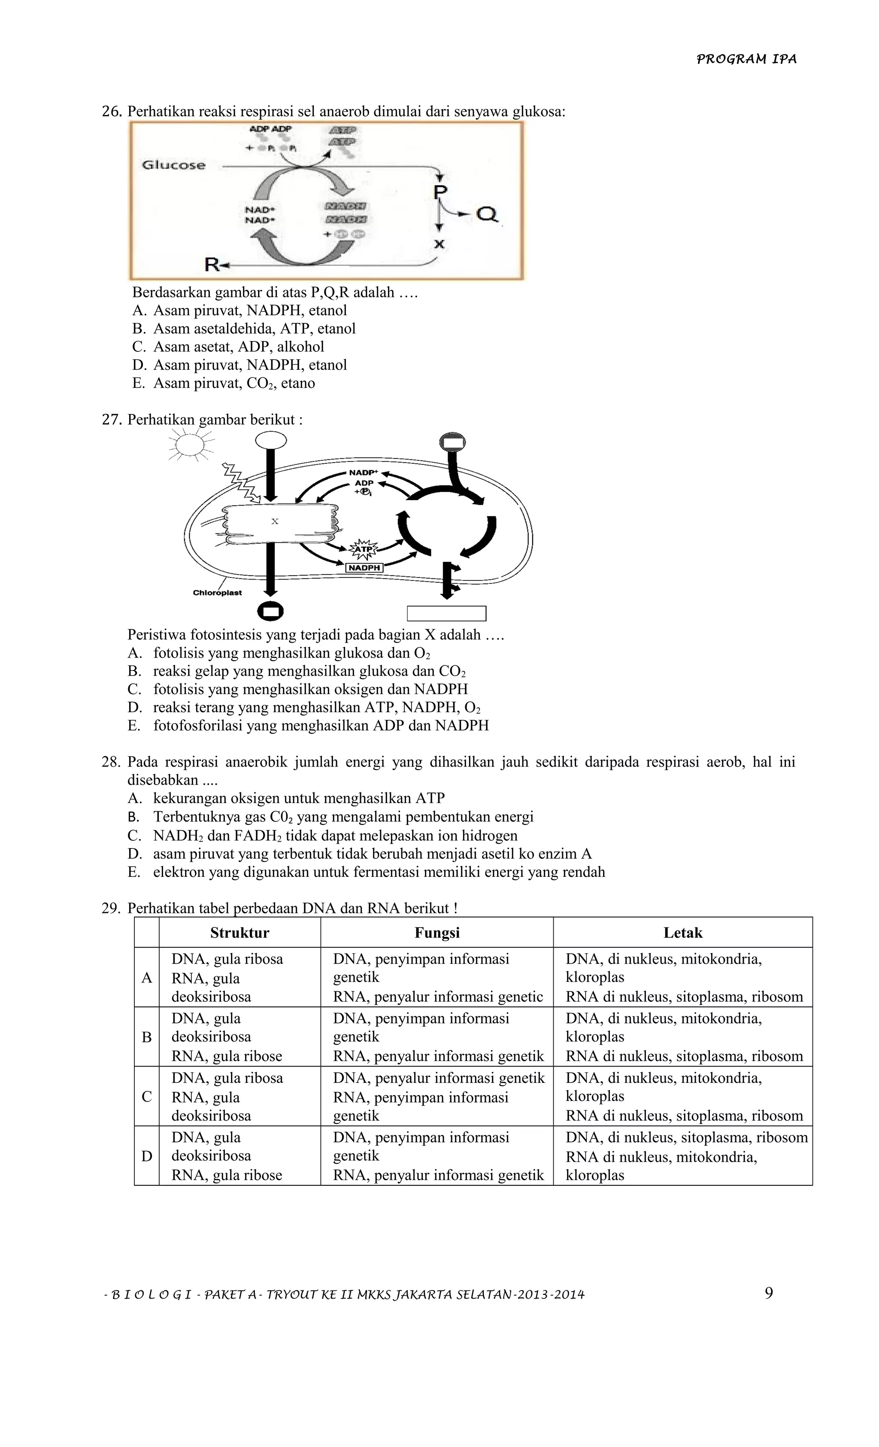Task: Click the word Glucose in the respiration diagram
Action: click(174, 166)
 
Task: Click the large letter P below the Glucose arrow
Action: click(440, 191)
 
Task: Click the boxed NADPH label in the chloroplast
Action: click(364, 568)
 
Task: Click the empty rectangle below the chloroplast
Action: click(446, 613)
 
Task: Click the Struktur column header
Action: click(240, 933)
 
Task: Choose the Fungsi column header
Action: click(437, 933)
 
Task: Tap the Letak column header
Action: click(683, 933)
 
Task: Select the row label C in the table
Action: click(147, 1097)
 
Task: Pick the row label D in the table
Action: click(147, 1156)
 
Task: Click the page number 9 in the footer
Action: click(769, 1293)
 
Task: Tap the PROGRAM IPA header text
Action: click(746, 59)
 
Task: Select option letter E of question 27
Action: click(134, 725)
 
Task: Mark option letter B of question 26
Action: click(138, 329)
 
